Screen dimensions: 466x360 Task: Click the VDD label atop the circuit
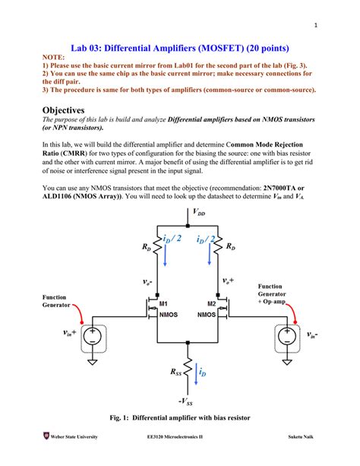(199, 214)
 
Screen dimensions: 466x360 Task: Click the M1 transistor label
(163, 303)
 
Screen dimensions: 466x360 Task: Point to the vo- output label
(148, 281)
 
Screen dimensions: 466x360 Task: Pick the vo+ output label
(228, 281)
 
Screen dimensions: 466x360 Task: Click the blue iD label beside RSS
(202, 372)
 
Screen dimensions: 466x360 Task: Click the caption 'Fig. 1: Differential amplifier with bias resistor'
(180, 418)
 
